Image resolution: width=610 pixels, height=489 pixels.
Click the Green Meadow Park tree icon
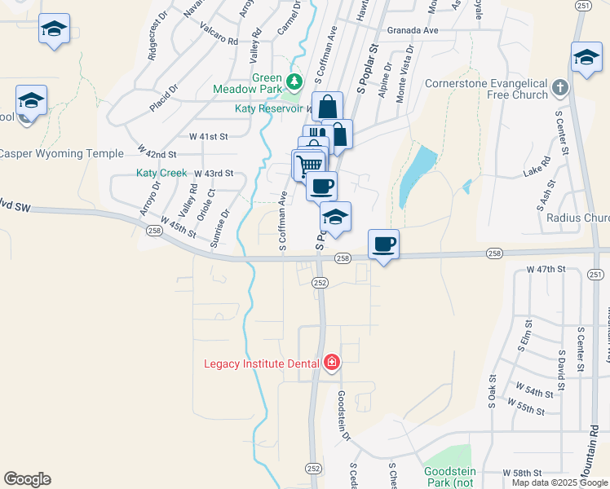click(x=295, y=81)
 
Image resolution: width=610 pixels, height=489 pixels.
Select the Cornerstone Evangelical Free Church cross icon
click(x=559, y=87)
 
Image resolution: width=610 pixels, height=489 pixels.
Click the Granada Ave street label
click(x=413, y=30)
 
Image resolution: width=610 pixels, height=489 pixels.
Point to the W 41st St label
click(x=209, y=136)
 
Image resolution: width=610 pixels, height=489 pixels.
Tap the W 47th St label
click(x=546, y=268)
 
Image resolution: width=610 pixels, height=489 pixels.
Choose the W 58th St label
click(x=523, y=473)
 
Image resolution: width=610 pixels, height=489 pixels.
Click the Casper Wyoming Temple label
click(x=62, y=153)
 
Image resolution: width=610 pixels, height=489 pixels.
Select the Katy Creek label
click(x=161, y=173)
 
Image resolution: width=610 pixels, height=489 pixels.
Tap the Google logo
click(x=27, y=479)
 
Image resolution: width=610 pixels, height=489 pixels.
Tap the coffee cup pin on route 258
click(x=383, y=244)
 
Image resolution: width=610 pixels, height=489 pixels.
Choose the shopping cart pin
click(x=308, y=165)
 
